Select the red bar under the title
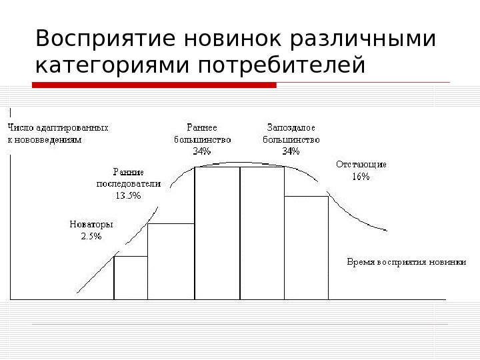click(154, 85)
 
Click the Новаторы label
click(91, 224)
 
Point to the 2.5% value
click(91, 236)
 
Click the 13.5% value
click(129, 195)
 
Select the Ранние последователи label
click(129, 177)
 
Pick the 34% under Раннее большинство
click(202, 151)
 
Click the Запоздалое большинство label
click(291, 133)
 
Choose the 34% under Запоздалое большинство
click(291, 151)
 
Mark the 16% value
click(361, 177)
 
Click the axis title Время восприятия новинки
click(406, 261)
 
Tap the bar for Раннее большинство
click(217, 233)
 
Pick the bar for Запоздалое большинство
click(262, 233)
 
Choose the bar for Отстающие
click(306, 247)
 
